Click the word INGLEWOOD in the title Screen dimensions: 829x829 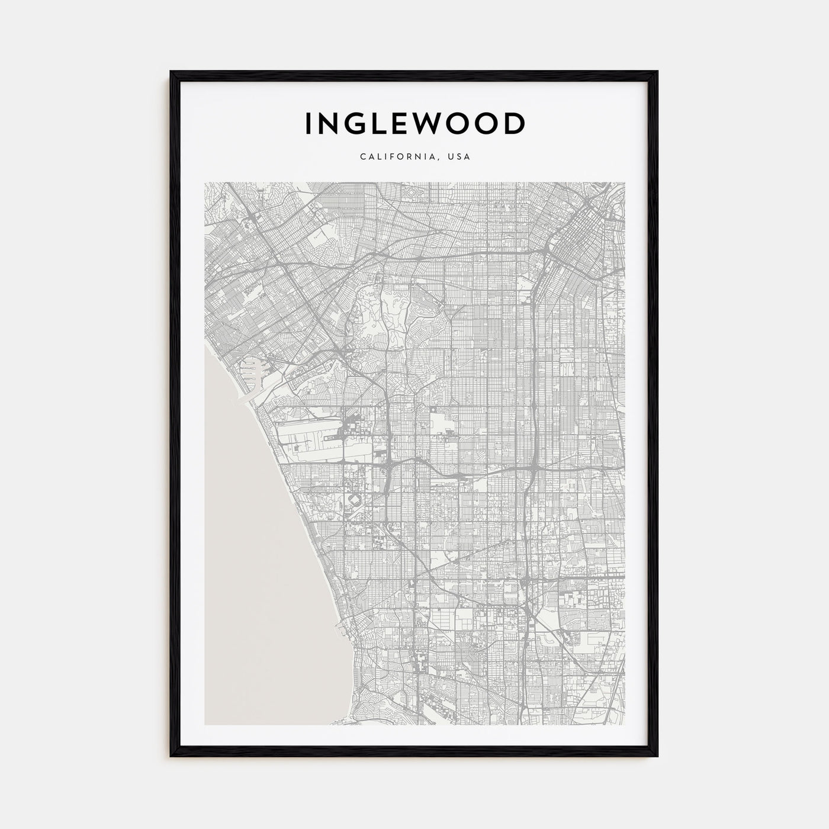(x=415, y=124)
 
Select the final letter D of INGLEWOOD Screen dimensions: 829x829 (x=515, y=124)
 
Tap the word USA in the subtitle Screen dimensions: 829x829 (x=459, y=158)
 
